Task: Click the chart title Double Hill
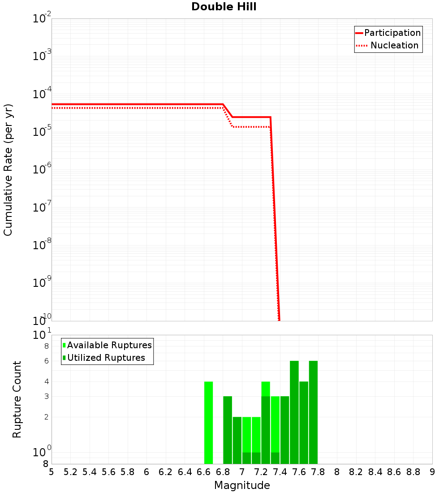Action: click(x=224, y=7)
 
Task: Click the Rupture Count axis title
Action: click(x=17, y=399)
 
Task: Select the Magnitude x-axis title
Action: click(x=242, y=485)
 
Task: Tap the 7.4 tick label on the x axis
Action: click(x=280, y=472)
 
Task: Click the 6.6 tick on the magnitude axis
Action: click(x=204, y=472)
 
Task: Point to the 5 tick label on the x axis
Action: click(x=52, y=472)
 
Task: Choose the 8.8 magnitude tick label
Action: click(x=413, y=472)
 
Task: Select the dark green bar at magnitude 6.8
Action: click(x=228, y=430)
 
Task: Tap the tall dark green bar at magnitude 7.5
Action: click(x=294, y=412)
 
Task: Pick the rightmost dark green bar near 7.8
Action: click(x=313, y=412)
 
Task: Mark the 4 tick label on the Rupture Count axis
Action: click(x=46, y=382)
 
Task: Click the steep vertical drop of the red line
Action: click(x=275, y=224)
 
